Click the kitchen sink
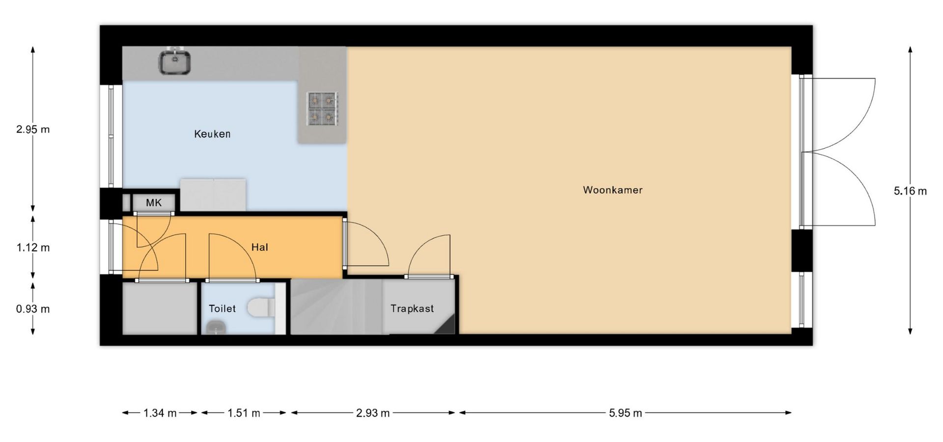pyautogui.click(x=175, y=61)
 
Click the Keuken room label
pyautogui.click(x=212, y=134)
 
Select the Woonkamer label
pyautogui.click(x=612, y=190)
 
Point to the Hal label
pyautogui.click(x=260, y=247)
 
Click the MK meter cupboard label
pyautogui.click(x=154, y=203)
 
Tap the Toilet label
pyautogui.click(x=222, y=308)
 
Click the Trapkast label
pyautogui.click(x=412, y=308)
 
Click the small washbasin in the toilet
pyautogui.click(x=214, y=327)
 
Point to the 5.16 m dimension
pyautogui.click(x=910, y=191)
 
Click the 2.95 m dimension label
pyautogui.click(x=33, y=130)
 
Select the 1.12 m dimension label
pyautogui.click(x=33, y=248)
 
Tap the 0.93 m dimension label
pyautogui.click(x=33, y=309)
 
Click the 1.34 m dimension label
pyautogui.click(x=160, y=413)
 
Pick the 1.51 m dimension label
pyautogui.click(x=244, y=413)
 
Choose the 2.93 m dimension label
pyautogui.click(x=373, y=413)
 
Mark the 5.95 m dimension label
pyautogui.click(x=625, y=413)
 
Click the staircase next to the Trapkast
pyautogui.click(x=336, y=307)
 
